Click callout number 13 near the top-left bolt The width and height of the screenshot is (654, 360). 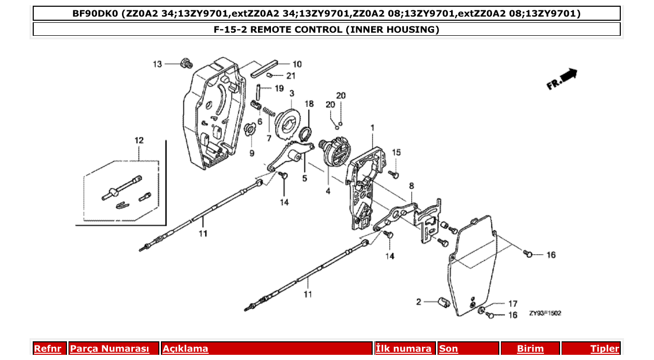157,64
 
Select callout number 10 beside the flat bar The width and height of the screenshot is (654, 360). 297,64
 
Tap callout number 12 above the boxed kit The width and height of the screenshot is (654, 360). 139,141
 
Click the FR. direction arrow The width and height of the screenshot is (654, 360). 562,79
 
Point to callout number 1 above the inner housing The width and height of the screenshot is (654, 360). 372,127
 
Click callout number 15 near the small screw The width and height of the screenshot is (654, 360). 396,153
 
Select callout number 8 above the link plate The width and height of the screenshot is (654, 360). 411,185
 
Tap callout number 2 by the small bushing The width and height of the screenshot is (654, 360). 418,301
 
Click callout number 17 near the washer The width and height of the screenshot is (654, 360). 512,303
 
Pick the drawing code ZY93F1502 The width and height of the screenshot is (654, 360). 545,313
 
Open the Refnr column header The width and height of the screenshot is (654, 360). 48,349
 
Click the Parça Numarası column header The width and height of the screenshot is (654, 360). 110,349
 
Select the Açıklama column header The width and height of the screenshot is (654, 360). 185,349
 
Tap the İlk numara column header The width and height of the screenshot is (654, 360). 403,349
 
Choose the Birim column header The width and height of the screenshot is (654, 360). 530,349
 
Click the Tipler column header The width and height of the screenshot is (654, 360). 604,349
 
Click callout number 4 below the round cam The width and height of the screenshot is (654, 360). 328,191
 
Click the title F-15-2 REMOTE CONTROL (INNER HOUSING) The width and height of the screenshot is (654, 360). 326,30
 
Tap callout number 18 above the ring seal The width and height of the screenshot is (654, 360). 309,104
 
